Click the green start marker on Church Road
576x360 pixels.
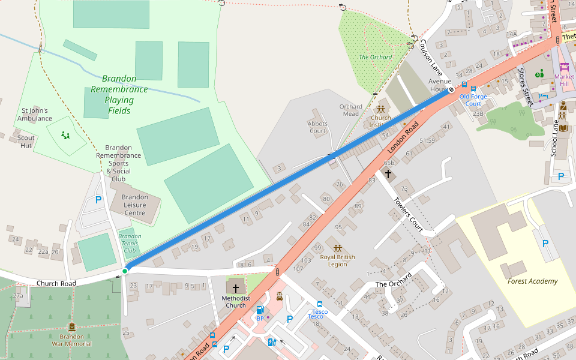coord(125,271)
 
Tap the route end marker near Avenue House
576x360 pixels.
coord(451,91)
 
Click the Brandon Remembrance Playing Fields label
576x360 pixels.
coord(119,94)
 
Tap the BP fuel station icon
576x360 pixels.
coord(260,310)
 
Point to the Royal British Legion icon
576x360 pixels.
coord(337,248)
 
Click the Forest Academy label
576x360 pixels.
coord(532,281)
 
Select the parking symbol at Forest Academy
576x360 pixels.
coord(545,243)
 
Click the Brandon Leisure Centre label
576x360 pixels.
coord(134,205)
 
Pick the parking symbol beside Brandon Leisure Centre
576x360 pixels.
coord(98,200)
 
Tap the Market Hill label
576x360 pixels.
coord(564,80)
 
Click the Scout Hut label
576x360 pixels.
coord(26,141)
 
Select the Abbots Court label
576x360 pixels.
coord(317,127)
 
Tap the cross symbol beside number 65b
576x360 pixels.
coord(388,174)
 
